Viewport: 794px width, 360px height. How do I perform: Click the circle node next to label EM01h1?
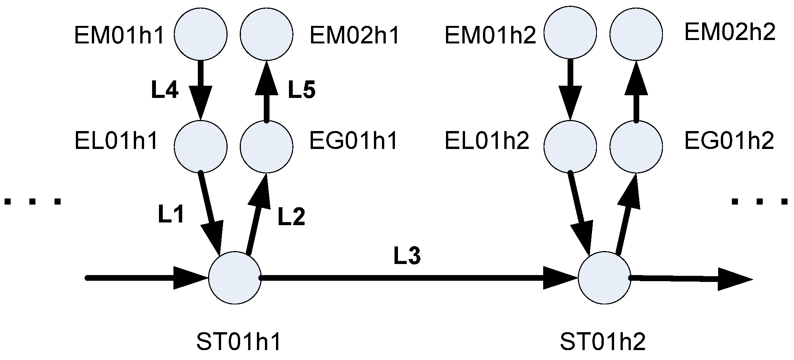click(201, 34)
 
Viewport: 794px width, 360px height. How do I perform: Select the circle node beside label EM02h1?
click(266, 34)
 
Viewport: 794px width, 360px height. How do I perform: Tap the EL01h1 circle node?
click(201, 146)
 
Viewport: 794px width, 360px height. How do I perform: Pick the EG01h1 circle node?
click(266, 146)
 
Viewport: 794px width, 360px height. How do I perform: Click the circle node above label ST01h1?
click(235, 278)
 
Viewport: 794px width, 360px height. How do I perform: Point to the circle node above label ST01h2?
click(605, 278)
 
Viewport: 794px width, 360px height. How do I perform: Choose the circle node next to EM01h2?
click(570, 33)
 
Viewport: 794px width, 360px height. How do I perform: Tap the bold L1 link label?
click(171, 215)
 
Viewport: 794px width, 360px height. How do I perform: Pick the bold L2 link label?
click(291, 217)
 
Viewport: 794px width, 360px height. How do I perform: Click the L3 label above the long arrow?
click(407, 256)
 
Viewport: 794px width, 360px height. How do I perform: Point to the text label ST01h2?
click(603, 342)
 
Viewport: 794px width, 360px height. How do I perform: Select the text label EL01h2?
click(487, 141)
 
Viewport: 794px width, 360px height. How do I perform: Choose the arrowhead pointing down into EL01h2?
click(570, 105)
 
